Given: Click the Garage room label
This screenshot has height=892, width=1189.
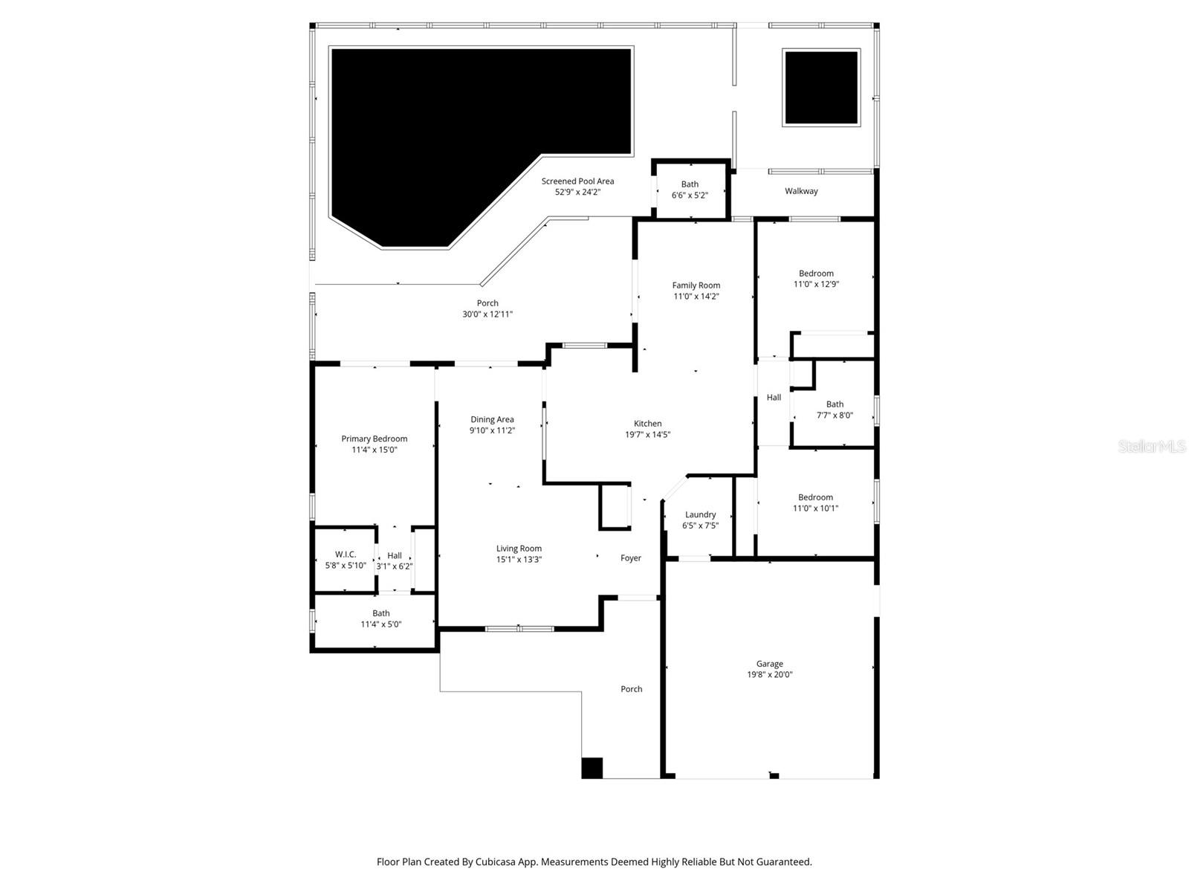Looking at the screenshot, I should coord(770,664).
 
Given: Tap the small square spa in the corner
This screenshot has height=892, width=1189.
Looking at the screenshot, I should coord(821,87).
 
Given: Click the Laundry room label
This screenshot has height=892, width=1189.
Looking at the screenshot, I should coord(700,514).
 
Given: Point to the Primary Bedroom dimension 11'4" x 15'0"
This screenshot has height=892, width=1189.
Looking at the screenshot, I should coord(375,450).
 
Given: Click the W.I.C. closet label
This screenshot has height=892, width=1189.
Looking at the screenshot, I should coord(346,555).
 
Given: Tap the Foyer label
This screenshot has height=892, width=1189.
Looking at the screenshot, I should coord(631,558).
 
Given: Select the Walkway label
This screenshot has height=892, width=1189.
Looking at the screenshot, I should coord(801,191).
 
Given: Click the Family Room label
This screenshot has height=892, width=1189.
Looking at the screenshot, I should coord(696,285).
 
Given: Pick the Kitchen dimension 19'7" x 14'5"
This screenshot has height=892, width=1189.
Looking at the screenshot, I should coord(647,435).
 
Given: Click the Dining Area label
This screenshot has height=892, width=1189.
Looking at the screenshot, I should coord(492,419).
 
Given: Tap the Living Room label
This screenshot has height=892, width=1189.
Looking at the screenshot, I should coord(519,549).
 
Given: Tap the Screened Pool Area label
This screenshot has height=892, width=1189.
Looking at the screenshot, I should coord(577,181).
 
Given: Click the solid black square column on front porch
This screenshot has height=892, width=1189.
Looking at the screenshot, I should coord(592,768).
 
